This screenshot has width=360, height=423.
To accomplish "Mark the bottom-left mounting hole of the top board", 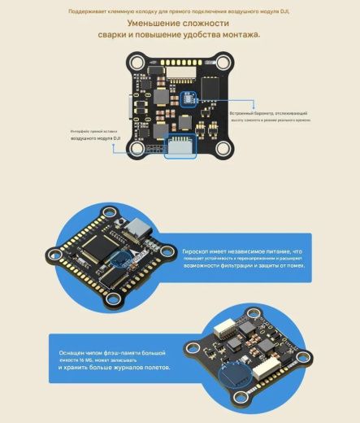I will click(x=137, y=150).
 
